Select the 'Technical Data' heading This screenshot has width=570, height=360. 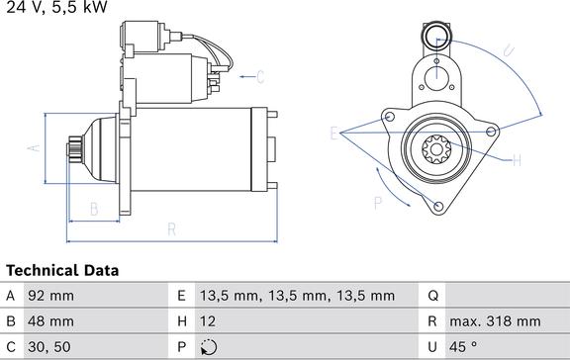tap(62, 270)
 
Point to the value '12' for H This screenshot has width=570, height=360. tap(209, 321)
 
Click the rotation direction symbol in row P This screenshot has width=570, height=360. tap(207, 347)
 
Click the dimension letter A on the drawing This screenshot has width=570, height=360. tap(32, 147)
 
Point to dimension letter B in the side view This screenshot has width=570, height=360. tap(93, 209)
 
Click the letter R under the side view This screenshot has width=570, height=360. tap(170, 229)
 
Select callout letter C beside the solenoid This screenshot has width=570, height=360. tap(261, 76)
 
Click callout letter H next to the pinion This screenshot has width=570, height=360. tap(517, 159)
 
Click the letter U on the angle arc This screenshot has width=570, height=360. tap(506, 49)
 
